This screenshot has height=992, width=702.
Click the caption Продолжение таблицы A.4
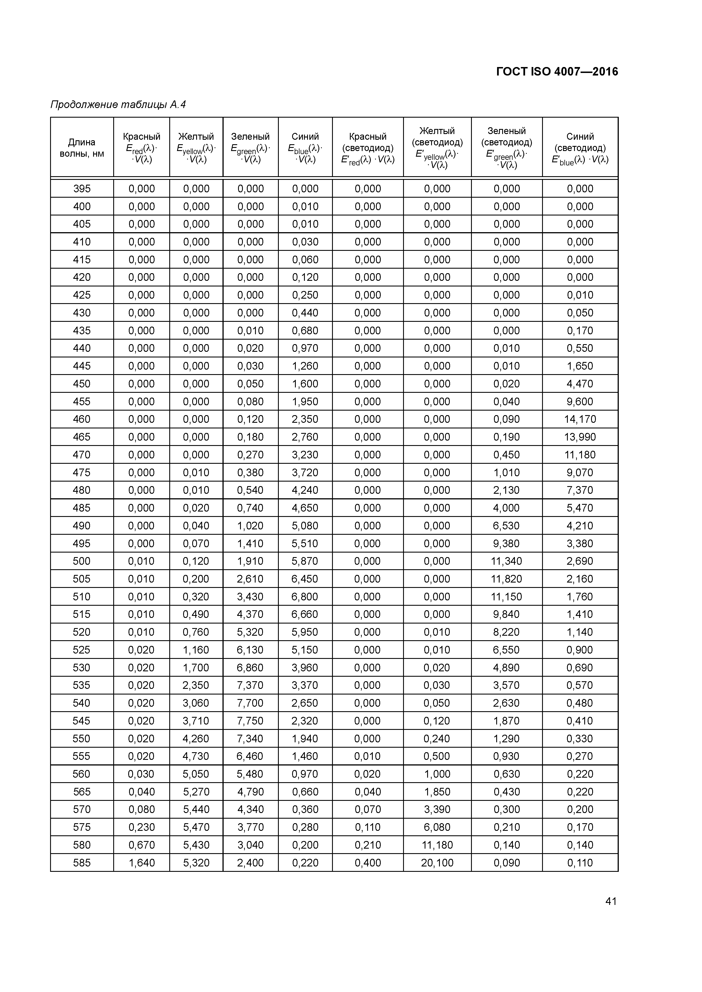coord(118,105)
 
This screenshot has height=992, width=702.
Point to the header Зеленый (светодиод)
coord(506,147)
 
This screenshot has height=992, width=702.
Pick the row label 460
coord(82,419)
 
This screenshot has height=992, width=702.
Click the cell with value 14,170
coord(580,419)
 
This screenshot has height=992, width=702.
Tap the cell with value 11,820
coord(506,579)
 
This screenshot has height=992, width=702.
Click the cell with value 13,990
coord(580,437)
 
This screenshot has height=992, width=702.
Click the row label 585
coord(82,863)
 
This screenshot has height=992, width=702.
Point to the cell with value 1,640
coord(142,863)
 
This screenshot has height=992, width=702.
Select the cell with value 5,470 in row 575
coord(196,827)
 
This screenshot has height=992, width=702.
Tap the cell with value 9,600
coord(580,401)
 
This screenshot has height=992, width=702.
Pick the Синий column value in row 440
coord(305,348)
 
